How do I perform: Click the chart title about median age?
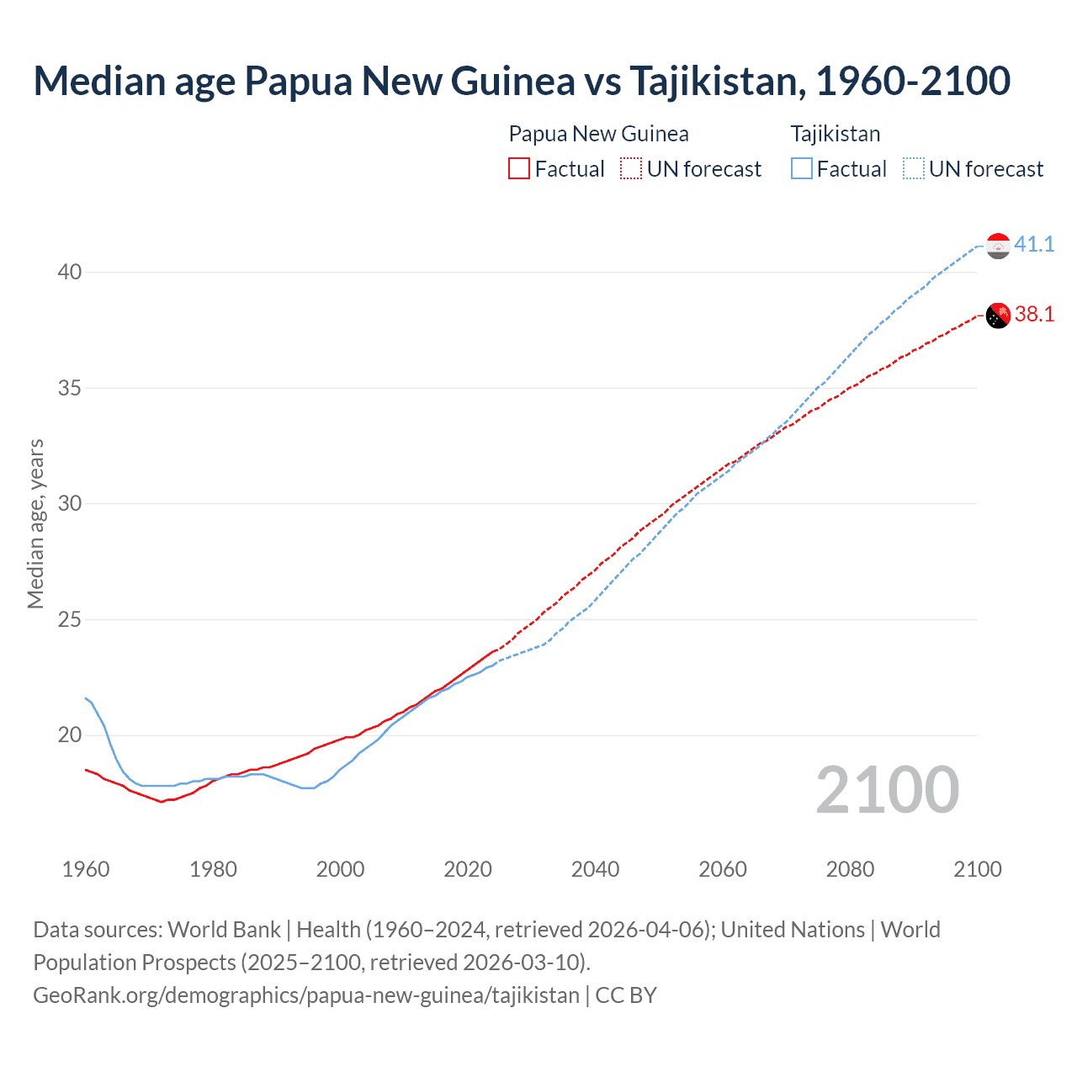click(x=522, y=81)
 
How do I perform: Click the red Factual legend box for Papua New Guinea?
click(x=519, y=168)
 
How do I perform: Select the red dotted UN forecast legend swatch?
click(x=630, y=168)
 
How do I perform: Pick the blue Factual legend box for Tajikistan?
click(x=802, y=168)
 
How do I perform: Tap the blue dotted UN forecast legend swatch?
click(x=913, y=168)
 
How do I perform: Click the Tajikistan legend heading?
click(x=835, y=134)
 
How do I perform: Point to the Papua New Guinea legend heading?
click(x=598, y=134)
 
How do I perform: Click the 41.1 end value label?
click(x=1034, y=244)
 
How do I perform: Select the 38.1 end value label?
click(x=1034, y=314)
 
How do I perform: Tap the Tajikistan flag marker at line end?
click(x=998, y=246)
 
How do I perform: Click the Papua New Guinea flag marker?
click(x=998, y=316)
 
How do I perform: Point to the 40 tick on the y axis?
click(x=70, y=272)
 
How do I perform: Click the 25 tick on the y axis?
click(x=70, y=619)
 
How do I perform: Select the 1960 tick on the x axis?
click(x=86, y=868)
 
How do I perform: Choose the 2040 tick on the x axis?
click(x=595, y=868)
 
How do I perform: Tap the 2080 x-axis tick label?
click(x=850, y=868)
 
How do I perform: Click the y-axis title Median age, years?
click(x=35, y=523)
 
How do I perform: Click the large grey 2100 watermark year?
click(x=887, y=789)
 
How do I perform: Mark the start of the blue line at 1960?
click(x=86, y=698)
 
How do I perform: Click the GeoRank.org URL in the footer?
click(x=306, y=995)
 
